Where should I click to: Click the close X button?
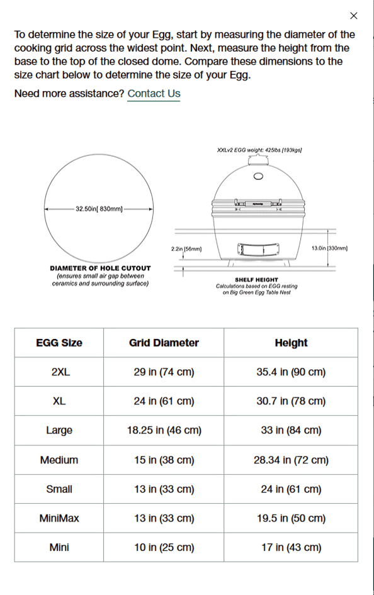[353, 16]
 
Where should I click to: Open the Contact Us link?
[154, 94]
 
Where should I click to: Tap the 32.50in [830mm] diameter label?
[99, 208]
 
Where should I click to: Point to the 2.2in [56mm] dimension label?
[186, 249]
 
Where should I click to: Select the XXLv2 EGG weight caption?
[259, 150]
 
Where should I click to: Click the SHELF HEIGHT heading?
[256, 280]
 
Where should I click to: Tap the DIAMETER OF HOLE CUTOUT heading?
[100, 269]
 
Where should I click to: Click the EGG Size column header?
[59, 343]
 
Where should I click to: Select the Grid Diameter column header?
[164, 343]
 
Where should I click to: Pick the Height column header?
[291, 343]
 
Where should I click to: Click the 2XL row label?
[60, 372]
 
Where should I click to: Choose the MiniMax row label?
[59, 518]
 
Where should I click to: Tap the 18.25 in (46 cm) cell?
[164, 430]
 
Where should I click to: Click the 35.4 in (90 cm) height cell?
[291, 372]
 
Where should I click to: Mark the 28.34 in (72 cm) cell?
[291, 460]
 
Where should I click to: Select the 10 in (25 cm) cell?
[164, 547]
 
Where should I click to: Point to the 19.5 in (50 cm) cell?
[291, 518]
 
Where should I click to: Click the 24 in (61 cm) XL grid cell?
[164, 401]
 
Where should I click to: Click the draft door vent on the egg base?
[256, 250]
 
